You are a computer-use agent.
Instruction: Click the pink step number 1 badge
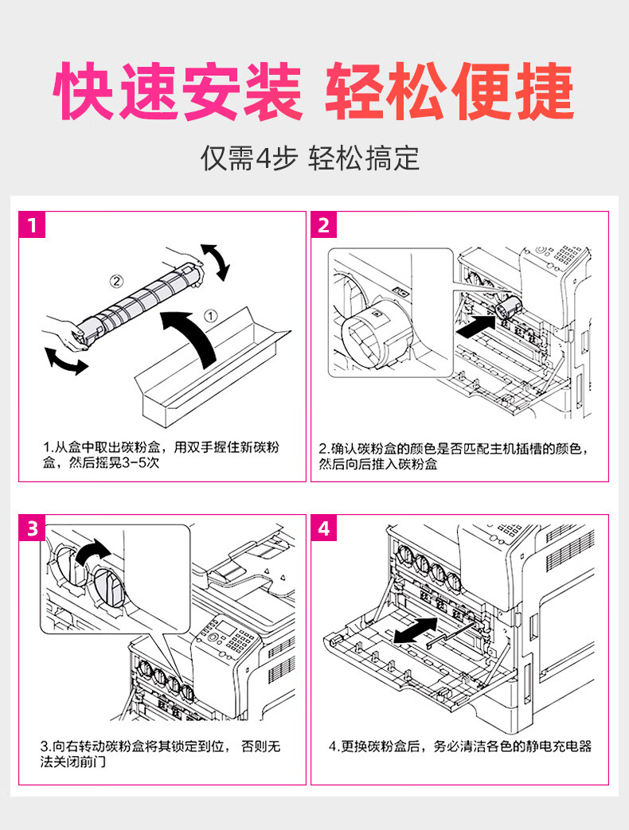pyautogui.click(x=32, y=225)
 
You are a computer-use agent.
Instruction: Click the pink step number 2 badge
pyautogui.click(x=323, y=225)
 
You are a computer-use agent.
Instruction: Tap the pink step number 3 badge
pyautogui.click(x=32, y=528)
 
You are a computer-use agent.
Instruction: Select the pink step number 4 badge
pyautogui.click(x=323, y=528)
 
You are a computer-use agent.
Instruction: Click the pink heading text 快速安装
pyautogui.click(x=178, y=93)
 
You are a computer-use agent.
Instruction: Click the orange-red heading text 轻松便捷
pyautogui.click(x=450, y=93)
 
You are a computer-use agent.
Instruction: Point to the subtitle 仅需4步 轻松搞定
pyautogui.click(x=310, y=159)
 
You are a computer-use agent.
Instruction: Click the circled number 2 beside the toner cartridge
pyautogui.click(x=116, y=281)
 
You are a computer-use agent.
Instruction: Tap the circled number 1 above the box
pyautogui.click(x=211, y=315)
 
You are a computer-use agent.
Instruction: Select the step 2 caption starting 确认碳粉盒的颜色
pyautogui.click(x=454, y=455)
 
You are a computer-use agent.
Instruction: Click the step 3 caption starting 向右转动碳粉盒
pyautogui.click(x=159, y=754)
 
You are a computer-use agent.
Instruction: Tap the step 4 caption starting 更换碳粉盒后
pyautogui.click(x=460, y=746)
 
